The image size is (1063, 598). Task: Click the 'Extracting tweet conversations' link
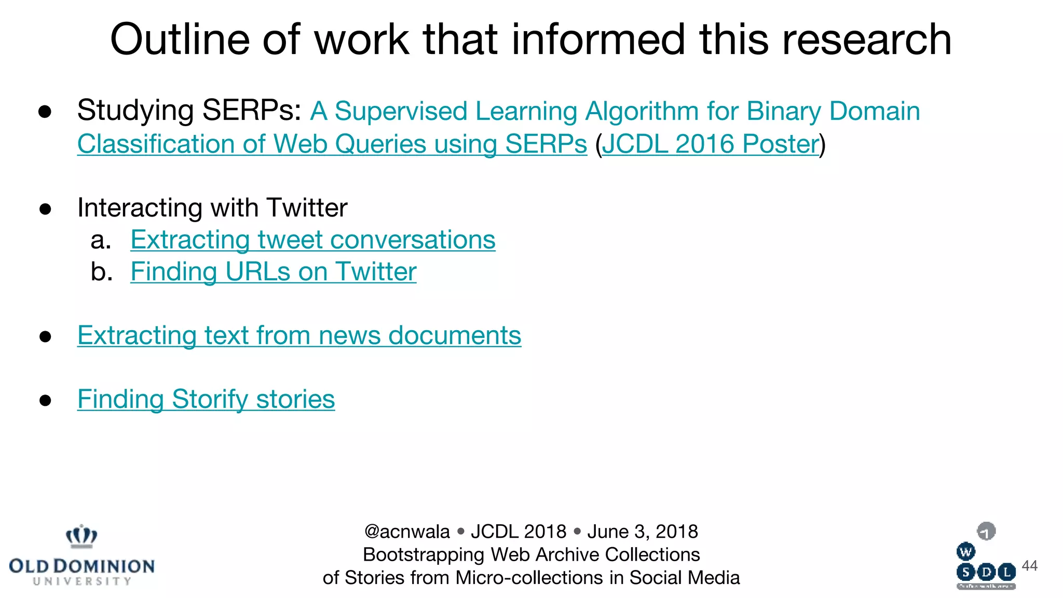pos(312,240)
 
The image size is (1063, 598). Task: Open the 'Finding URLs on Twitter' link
pos(273,271)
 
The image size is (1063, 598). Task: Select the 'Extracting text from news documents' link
pos(299,335)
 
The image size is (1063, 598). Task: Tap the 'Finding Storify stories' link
pos(206,399)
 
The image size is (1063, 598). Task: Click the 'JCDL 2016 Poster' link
pos(710,144)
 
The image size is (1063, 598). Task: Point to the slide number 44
pos(1029,565)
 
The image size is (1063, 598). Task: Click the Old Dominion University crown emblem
pos(81,536)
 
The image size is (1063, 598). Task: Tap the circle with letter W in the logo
pos(965,552)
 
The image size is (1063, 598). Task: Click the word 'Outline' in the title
pos(180,39)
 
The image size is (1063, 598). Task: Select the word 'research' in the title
pos(867,39)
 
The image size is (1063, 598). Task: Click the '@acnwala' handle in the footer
pos(407,532)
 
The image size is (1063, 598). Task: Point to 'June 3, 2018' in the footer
pos(643,532)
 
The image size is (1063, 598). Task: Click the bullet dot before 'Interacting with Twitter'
pos(46,209)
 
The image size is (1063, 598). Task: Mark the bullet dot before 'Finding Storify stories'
pos(46,400)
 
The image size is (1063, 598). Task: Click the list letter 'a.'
pos(101,240)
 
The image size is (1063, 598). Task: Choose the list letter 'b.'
pos(101,271)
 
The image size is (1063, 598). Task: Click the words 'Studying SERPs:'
pos(189,111)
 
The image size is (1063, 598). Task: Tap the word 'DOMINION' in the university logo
pos(104,566)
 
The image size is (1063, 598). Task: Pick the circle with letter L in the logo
pos(1006,572)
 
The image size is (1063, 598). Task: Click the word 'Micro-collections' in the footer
pos(529,578)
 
